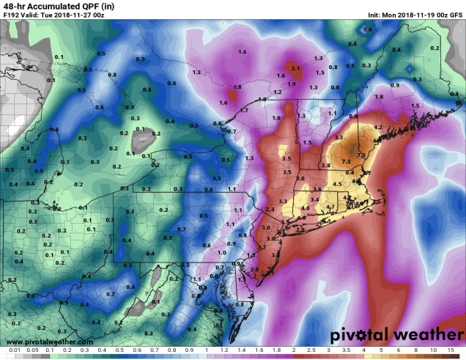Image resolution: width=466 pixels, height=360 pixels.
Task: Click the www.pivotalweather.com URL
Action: (48, 342)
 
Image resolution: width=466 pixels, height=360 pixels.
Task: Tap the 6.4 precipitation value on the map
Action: (349, 172)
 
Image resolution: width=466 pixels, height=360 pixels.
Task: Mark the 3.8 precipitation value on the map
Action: (325, 166)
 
